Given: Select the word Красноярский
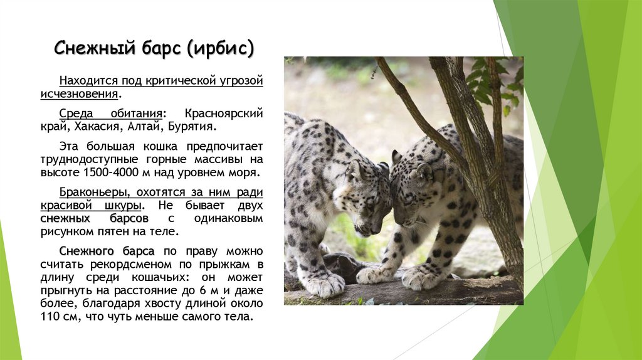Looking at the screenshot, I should [x=224, y=114].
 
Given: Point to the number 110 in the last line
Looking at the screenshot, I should [x=69, y=317].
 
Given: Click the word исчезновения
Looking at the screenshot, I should [x=88, y=94].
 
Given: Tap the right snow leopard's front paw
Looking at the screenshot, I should [x=420, y=277].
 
